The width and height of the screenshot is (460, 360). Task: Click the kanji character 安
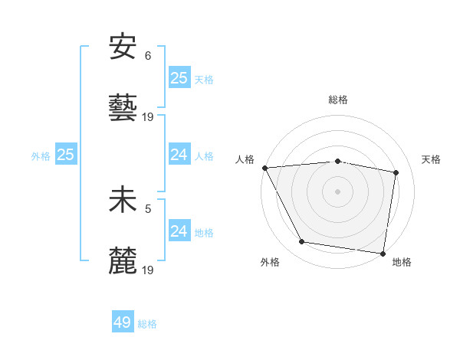pos(123,47)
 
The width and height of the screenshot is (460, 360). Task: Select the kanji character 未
pos(123,199)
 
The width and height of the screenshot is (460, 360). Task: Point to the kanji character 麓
pos(123,260)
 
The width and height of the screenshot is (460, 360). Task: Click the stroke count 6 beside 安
pos(148,55)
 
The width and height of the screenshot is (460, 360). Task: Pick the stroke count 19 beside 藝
pos(149,117)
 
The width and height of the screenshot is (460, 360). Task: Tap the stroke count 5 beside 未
pos(148,208)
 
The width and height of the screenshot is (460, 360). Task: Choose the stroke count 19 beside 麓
pos(149,270)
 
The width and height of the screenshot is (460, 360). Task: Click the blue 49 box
pos(123,322)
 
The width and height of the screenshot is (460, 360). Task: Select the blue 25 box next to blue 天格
pos(179,77)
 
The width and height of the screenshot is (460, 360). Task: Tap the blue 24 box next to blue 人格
pos(179,155)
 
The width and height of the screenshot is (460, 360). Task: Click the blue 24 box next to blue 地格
pos(179,231)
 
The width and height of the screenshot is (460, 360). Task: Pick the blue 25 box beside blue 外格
pos(66,155)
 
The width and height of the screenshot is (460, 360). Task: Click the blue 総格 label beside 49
pos(147,324)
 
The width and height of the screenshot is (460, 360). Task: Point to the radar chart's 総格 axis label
pos(338,100)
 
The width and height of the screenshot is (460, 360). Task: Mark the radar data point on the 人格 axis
pos(264,168)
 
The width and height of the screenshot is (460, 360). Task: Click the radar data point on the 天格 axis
pos(396,172)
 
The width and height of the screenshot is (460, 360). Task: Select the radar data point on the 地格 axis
pos(383,253)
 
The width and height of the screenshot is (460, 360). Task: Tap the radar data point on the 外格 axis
pos(302,242)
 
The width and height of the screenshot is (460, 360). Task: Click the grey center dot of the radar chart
pos(338,191)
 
